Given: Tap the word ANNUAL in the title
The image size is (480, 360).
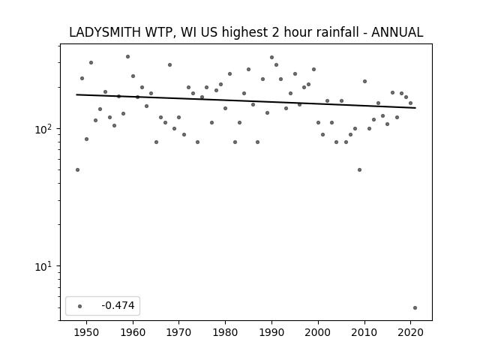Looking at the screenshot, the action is (x=397, y=32).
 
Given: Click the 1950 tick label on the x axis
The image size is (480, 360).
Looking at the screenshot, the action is (x=87, y=332).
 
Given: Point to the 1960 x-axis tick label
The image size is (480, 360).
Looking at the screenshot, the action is (x=133, y=332).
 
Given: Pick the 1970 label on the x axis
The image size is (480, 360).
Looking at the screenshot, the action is (x=178, y=332).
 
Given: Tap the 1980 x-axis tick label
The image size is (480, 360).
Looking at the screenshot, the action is (x=225, y=332).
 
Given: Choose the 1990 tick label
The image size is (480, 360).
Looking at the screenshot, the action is (x=271, y=332).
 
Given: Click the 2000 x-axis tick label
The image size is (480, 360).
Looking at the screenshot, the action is (x=318, y=332).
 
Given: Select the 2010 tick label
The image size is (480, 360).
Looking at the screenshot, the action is (x=364, y=332).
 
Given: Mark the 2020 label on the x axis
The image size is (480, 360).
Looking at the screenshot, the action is (x=410, y=332).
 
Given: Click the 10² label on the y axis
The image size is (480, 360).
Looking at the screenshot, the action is (x=43, y=129).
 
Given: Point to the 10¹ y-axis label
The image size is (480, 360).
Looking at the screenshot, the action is (x=43, y=266).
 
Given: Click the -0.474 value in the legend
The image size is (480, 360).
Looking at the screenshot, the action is (x=118, y=305).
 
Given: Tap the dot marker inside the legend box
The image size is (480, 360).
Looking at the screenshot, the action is (x=80, y=306).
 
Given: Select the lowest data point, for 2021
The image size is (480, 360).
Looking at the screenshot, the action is (x=415, y=307).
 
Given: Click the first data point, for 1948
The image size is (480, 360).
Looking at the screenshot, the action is (x=77, y=169).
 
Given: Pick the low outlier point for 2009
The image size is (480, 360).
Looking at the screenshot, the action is (x=359, y=169).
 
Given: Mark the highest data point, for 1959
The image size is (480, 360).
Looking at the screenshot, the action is (x=127, y=57).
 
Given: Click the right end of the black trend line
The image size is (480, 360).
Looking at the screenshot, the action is (x=415, y=108).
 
